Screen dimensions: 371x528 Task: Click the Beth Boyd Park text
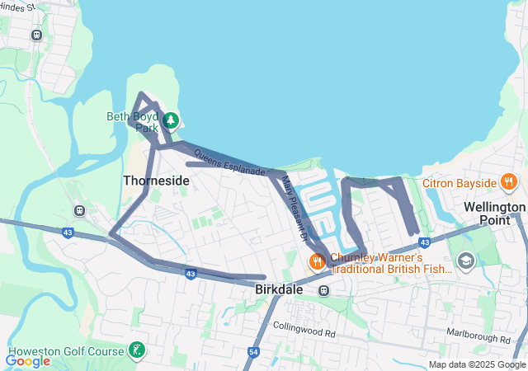point(132,122)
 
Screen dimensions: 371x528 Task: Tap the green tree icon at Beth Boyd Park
point(171,121)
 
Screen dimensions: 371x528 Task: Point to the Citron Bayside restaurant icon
point(508,182)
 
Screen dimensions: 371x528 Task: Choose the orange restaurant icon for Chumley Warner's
point(316,262)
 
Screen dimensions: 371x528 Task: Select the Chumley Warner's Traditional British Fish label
point(392,262)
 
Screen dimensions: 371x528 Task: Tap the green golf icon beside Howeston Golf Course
point(136,350)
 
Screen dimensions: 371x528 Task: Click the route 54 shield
point(252,352)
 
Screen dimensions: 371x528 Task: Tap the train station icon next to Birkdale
point(323,290)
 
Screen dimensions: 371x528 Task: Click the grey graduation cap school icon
point(465,261)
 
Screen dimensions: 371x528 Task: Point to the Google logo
point(27,360)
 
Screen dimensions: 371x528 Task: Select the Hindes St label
point(16,7)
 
